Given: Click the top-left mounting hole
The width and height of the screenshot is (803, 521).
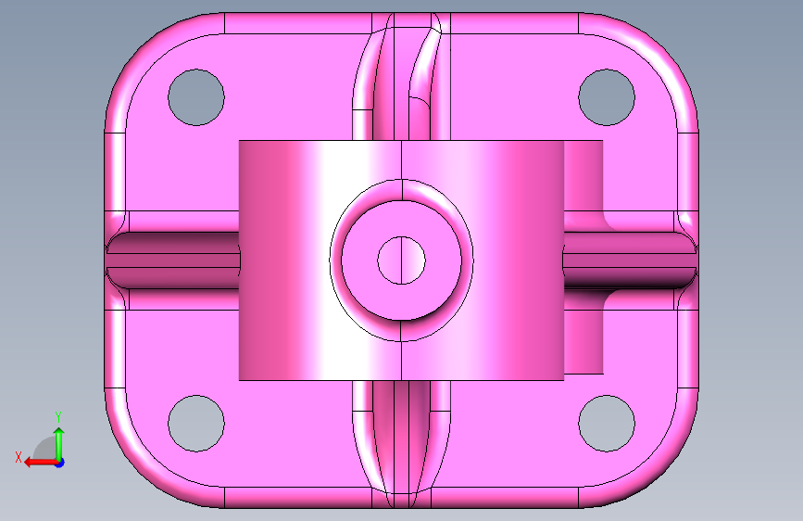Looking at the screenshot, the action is pyautogui.click(x=196, y=97).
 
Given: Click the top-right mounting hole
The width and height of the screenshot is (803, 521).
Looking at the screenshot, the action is pyautogui.click(x=607, y=97).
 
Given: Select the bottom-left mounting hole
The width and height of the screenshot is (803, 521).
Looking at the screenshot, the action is pyautogui.click(x=196, y=424).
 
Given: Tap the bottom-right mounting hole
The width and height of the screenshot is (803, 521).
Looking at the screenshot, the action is pyautogui.click(x=607, y=424).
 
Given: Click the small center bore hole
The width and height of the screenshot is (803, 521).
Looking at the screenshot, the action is pyautogui.click(x=402, y=260).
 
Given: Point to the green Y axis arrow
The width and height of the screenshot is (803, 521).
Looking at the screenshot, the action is pyautogui.click(x=59, y=444).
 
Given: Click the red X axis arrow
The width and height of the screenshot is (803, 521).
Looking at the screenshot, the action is pyautogui.click(x=42, y=463).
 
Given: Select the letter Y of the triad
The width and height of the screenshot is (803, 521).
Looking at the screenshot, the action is pyautogui.click(x=58, y=417).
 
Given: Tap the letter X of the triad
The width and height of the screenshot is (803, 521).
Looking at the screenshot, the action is pyautogui.click(x=19, y=457).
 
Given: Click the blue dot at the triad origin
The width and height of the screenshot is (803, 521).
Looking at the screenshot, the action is pyautogui.click(x=60, y=463).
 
